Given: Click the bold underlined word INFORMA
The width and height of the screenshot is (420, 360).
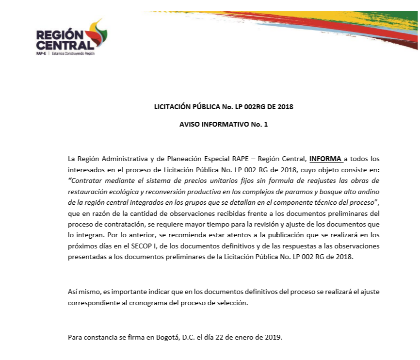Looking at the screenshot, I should tap(325, 159).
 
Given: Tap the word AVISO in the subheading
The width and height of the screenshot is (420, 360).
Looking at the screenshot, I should tap(190, 124).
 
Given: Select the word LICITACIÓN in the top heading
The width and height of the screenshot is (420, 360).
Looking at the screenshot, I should tap(172, 106).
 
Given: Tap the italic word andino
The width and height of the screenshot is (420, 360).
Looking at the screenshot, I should tap(369, 191).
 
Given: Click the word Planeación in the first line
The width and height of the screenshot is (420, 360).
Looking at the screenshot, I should tap(164, 159).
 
